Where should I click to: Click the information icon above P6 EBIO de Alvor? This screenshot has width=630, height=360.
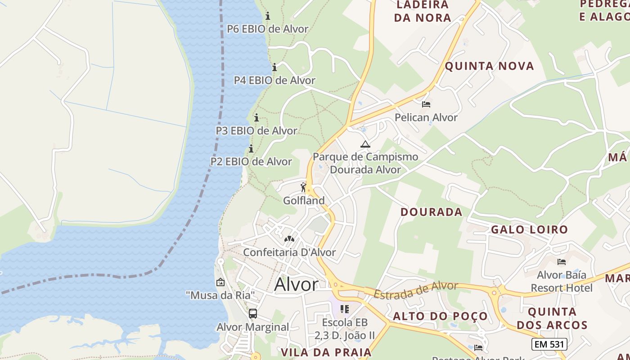point(268,16)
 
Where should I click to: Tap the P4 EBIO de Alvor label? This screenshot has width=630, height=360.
point(274,80)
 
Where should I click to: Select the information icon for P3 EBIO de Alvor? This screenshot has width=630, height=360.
point(256,118)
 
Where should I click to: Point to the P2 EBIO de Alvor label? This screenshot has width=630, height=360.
point(251,161)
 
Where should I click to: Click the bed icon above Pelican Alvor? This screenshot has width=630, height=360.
point(426,104)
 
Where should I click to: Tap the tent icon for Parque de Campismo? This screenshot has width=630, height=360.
point(365,144)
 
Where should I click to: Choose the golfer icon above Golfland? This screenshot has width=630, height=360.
point(304,187)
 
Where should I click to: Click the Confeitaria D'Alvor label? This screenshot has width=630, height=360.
point(289,252)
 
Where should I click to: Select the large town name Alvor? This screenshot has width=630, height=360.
point(296,284)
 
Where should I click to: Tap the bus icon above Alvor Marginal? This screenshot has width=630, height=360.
point(253,314)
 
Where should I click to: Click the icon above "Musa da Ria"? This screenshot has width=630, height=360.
point(220,282)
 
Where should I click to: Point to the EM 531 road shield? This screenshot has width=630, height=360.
point(549,344)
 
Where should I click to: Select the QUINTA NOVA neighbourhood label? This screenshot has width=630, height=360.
point(489,66)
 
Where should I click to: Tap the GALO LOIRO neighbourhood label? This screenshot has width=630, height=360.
point(529,229)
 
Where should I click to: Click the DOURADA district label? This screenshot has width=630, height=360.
point(431,212)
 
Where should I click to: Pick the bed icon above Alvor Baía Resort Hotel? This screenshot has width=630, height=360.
point(561,261)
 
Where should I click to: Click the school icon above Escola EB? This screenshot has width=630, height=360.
point(345,309)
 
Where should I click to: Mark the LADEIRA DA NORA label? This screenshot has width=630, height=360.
point(422,11)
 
